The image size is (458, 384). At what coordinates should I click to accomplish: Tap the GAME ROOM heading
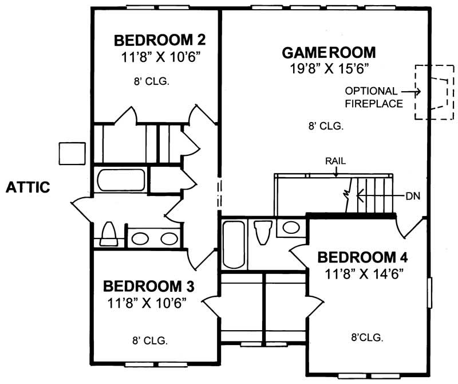pyautogui.click(x=329, y=53)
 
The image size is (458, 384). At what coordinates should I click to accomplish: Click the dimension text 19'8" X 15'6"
pyautogui.click(x=329, y=69)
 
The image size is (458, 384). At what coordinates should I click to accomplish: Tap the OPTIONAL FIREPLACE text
pyautogui.click(x=371, y=97)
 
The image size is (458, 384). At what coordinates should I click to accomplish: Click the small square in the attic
pyautogui.click(x=72, y=152)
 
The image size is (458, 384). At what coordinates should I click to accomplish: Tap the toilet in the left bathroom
pyautogui.click(x=109, y=235)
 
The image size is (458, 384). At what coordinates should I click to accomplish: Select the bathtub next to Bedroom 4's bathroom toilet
pyautogui.click(x=234, y=244)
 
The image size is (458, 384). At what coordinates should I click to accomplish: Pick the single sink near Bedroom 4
pyautogui.click(x=291, y=227)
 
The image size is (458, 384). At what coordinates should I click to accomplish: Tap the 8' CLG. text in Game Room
pyautogui.click(x=326, y=127)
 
